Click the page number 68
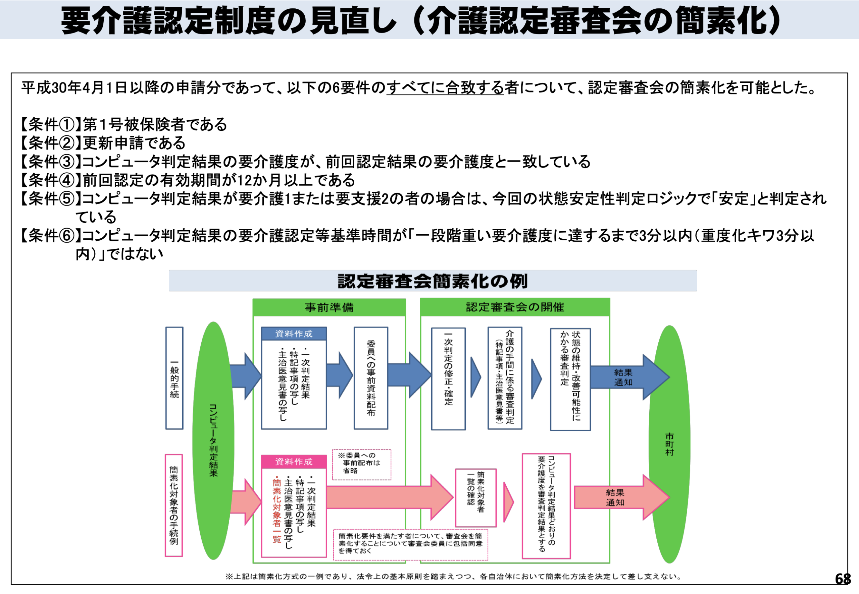(x=842, y=579)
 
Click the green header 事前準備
(x=329, y=307)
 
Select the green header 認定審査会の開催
(x=515, y=307)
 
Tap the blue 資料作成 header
(x=294, y=334)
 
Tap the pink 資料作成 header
(x=294, y=462)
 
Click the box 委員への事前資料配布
(x=371, y=378)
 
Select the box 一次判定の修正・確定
(x=448, y=379)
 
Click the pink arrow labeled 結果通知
(x=615, y=497)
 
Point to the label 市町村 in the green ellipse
(x=669, y=444)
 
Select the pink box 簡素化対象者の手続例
(x=174, y=506)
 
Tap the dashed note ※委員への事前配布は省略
(x=361, y=464)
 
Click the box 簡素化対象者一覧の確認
(x=476, y=497)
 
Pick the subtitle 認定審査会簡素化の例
(x=433, y=281)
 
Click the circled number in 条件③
(x=67, y=162)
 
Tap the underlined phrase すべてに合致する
(x=445, y=88)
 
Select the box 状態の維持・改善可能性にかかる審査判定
(x=570, y=379)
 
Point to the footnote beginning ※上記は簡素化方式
(x=454, y=577)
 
